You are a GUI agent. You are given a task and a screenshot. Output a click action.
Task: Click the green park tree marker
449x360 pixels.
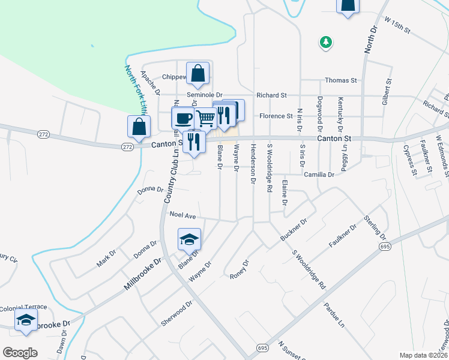326,42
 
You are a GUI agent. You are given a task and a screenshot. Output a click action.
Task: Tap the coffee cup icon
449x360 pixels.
182,118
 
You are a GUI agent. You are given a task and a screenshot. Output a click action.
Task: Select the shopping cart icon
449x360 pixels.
205,119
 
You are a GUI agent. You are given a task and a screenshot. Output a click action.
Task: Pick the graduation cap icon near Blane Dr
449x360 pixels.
189,239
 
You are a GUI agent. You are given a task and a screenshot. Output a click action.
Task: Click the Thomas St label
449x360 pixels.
340,80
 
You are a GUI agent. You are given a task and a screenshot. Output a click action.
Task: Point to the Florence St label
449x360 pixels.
276,116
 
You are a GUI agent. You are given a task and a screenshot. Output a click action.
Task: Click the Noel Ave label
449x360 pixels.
183,214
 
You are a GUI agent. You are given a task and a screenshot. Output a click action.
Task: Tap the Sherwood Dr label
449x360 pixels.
176,313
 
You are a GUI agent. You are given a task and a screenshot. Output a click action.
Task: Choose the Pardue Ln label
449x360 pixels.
334,316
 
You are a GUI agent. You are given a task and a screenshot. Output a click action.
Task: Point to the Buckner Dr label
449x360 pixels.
294,230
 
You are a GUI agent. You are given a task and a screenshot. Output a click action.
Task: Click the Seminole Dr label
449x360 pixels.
204,95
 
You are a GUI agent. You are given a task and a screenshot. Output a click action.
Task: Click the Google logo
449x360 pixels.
20,352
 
